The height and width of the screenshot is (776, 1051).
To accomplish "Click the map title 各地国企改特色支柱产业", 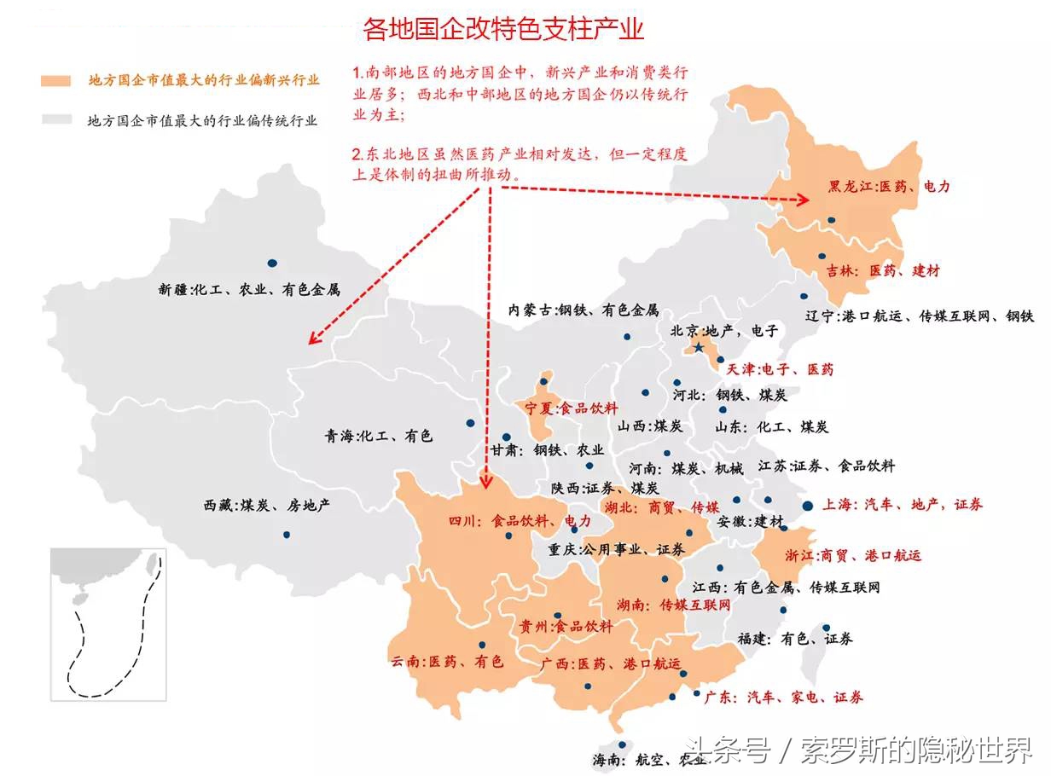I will tap(503, 30).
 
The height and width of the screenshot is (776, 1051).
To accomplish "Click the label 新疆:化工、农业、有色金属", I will tap(249, 290).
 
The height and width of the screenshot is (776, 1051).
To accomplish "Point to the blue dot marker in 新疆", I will tap(271, 263).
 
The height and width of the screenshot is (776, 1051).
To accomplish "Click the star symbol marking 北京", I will tap(700, 348).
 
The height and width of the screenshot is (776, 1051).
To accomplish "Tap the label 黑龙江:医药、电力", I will tap(888, 186).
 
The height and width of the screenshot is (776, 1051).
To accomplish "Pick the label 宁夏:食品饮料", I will tap(571, 408).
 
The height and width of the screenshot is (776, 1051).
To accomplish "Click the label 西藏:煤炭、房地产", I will tap(266, 506).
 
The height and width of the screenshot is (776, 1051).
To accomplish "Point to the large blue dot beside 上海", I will tap(807, 506).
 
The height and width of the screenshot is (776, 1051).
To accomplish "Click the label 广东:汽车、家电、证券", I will tap(783, 698).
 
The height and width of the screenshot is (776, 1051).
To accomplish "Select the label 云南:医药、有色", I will tap(448, 662).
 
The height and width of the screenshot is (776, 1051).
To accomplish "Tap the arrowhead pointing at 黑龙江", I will tap(804, 200).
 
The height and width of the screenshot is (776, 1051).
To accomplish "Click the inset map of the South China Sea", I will tap(108, 624).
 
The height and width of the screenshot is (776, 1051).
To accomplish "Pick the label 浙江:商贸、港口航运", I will tap(853, 555).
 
